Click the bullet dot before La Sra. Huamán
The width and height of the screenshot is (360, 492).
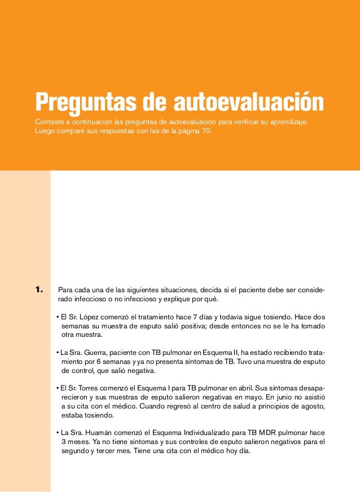(x=58, y=433)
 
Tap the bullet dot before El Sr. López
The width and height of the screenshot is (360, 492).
(x=58, y=316)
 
